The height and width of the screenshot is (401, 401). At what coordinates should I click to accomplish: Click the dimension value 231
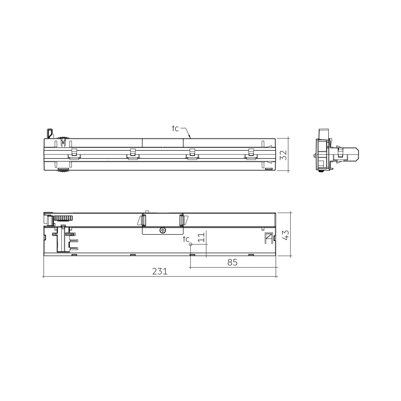(160, 271)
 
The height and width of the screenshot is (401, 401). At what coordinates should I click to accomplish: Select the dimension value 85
(232, 262)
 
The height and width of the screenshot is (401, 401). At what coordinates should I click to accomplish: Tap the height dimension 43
(286, 235)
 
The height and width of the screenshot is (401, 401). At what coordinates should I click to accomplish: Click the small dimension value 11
(202, 238)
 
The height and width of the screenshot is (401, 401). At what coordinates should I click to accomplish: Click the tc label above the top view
(175, 128)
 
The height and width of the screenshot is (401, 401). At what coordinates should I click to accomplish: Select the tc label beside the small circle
(186, 239)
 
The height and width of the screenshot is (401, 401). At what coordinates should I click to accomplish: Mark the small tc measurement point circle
(190, 244)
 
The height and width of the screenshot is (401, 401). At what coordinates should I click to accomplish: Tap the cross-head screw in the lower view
(163, 230)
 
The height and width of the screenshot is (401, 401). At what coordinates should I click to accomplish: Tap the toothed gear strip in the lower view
(63, 218)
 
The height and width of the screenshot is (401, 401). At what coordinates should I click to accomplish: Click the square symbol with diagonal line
(268, 238)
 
